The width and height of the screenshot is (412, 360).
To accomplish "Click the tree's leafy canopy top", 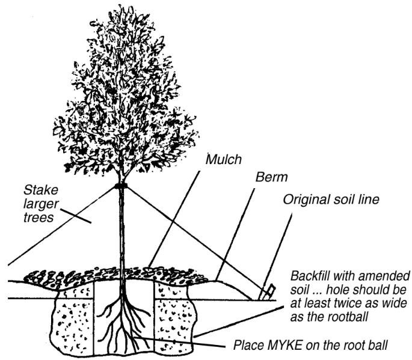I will pos(123,24).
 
